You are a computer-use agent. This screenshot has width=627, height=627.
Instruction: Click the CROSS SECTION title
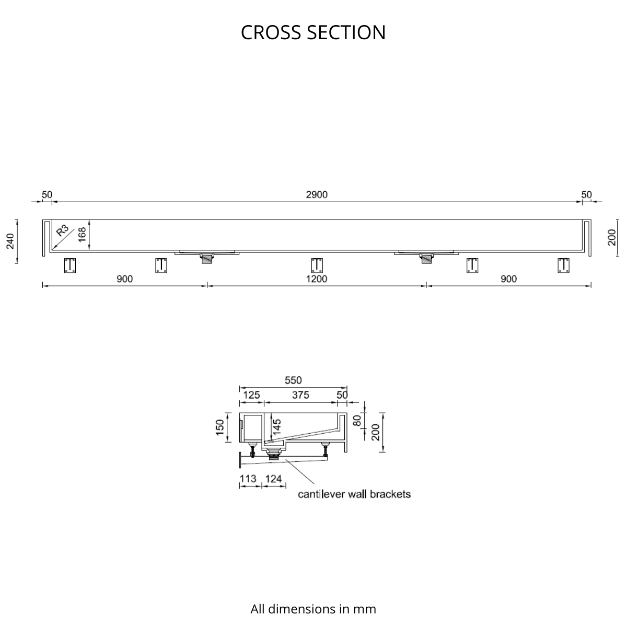click(x=313, y=32)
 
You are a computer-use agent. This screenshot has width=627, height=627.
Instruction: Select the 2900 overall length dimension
click(x=317, y=194)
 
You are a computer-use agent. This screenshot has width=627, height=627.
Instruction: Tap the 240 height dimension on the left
click(x=11, y=241)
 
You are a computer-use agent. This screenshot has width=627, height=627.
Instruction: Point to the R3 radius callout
click(x=63, y=231)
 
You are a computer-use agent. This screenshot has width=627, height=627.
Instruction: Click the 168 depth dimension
click(x=82, y=235)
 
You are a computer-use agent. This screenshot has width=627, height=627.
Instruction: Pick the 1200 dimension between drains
click(x=317, y=279)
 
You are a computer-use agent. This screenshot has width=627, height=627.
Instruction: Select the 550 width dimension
click(x=293, y=380)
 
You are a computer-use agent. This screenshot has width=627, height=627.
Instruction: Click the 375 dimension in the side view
click(x=300, y=394)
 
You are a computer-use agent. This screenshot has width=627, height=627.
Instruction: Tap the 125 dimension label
click(x=251, y=394)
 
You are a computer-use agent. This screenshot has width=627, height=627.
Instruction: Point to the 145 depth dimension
click(x=277, y=427)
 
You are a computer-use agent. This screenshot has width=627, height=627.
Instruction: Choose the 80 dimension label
click(x=357, y=421)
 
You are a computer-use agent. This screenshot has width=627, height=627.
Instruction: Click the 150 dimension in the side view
click(x=220, y=427)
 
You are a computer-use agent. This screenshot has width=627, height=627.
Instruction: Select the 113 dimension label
click(x=248, y=479)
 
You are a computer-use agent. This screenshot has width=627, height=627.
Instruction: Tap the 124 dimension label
click(x=273, y=479)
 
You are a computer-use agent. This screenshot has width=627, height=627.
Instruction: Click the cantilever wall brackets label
click(x=354, y=494)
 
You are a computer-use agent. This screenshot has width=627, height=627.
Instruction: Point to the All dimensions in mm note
click(x=313, y=582)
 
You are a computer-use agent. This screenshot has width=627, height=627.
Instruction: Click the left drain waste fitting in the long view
click(x=207, y=258)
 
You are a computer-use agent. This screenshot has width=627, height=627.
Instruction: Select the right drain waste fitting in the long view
click(x=426, y=258)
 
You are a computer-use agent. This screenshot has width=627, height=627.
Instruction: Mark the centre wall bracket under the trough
click(x=317, y=265)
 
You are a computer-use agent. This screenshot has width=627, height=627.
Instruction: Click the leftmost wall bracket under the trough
click(x=70, y=265)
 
